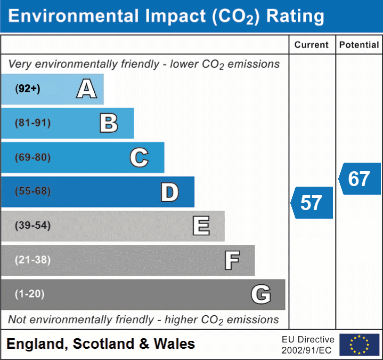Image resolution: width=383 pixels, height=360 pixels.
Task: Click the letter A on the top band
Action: pyautogui.click(x=86, y=89)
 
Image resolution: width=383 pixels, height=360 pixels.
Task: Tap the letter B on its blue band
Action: pyautogui.click(x=109, y=123)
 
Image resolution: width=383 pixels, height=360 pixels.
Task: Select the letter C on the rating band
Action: pyautogui.click(x=139, y=157)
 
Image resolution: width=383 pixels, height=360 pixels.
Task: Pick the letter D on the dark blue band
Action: pyautogui.click(x=169, y=192)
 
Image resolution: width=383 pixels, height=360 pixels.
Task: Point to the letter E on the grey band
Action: pyautogui.click(x=201, y=226)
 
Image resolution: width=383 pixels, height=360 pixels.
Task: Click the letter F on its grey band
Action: pyautogui.click(x=232, y=260)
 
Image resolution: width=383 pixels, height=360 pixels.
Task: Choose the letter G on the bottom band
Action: pyautogui.click(x=261, y=294)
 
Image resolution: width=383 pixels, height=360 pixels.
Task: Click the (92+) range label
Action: pyautogui.click(x=28, y=89)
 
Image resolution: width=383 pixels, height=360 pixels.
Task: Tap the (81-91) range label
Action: pyautogui.click(x=33, y=123)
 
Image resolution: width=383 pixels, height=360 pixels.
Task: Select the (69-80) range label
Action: pyautogui.click(x=33, y=157)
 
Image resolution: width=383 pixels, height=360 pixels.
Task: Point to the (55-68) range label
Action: pyautogui.click(x=33, y=191)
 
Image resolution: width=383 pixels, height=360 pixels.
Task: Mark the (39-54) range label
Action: pyautogui.click(x=33, y=226)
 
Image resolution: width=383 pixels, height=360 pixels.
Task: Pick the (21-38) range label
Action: pyautogui.click(x=33, y=260)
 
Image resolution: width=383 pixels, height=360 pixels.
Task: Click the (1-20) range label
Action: pyautogui.click(x=30, y=294)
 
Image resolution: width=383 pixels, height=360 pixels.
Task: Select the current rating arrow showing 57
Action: pyautogui.click(x=312, y=203)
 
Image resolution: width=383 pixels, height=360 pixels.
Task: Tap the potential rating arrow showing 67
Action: pyautogui.click(x=360, y=179)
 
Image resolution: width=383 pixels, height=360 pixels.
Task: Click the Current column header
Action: pyautogui.click(x=312, y=45)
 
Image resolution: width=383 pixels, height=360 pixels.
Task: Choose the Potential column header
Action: pyautogui.click(x=359, y=45)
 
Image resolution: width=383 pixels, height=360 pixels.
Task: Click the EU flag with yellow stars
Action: pyautogui.click(x=359, y=345)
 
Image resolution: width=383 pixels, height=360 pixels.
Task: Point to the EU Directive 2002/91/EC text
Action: pyautogui.click(x=308, y=345)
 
